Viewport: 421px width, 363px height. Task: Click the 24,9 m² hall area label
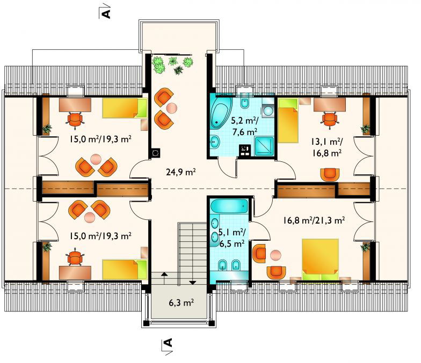[180, 172]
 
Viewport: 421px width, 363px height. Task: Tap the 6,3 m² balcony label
[182, 302]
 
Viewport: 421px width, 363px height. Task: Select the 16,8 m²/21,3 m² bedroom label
[314, 220]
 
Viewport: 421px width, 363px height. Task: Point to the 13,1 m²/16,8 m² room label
[326, 147]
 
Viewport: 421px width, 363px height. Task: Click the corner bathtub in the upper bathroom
[221, 112]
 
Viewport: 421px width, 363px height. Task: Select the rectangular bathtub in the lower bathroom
[229, 206]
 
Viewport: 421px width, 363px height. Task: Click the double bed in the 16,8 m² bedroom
[320, 260]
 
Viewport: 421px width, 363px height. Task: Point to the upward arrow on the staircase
[164, 275]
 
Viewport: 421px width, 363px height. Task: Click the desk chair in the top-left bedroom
[75, 119]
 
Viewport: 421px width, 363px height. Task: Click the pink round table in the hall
[171, 108]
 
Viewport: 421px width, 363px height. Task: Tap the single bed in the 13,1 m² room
[288, 120]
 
